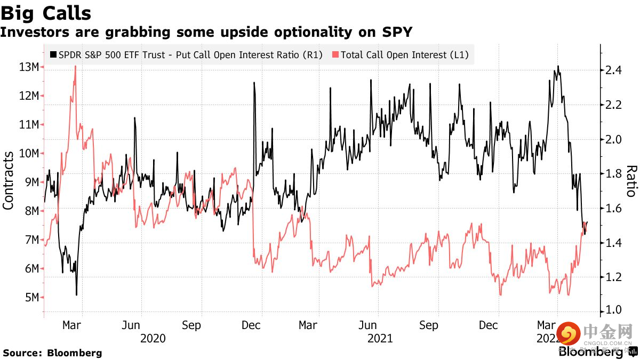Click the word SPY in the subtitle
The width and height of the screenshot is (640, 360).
pyautogui.click(x=397, y=32)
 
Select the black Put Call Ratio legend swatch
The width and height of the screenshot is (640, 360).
pyautogui.click(x=53, y=54)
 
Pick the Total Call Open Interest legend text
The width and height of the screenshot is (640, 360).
pyautogui.click(x=405, y=54)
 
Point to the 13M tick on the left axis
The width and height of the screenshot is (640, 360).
pyautogui.click(x=28, y=67)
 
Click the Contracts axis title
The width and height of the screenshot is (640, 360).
pyautogui.click(x=9, y=180)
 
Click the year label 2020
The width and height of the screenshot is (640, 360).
pyautogui.click(x=153, y=338)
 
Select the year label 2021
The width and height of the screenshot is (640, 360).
pyautogui.click(x=380, y=338)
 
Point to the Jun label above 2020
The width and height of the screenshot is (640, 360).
pyautogui.click(x=131, y=325)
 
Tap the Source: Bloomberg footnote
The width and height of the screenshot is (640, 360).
pyautogui.click(x=52, y=353)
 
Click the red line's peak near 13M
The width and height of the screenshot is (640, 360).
pyautogui.click(x=75, y=66)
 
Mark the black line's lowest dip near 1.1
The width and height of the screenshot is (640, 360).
pyautogui.click(x=76, y=295)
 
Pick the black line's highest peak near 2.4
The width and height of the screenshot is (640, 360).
pyautogui.click(x=558, y=66)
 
